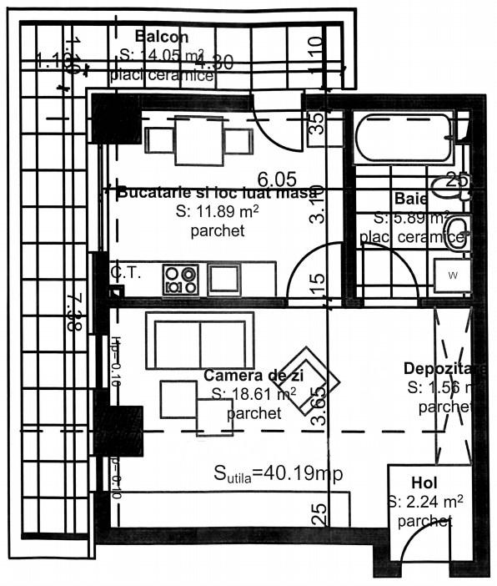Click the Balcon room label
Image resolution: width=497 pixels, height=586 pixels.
[x=162, y=37]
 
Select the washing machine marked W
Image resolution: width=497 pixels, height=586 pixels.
[x=453, y=275]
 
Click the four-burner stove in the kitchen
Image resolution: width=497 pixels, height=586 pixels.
[x=181, y=279]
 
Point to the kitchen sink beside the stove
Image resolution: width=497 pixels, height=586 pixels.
[x=223, y=278]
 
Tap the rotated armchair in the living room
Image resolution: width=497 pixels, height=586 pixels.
[x=309, y=381]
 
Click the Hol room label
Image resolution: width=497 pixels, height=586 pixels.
[x=424, y=483]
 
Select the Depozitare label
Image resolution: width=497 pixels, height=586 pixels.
[x=444, y=368]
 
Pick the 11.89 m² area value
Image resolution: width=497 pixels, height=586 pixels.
[x=218, y=211]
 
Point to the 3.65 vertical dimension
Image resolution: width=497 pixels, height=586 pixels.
[x=319, y=407]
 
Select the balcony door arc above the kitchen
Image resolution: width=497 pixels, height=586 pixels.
[x=275, y=125]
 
